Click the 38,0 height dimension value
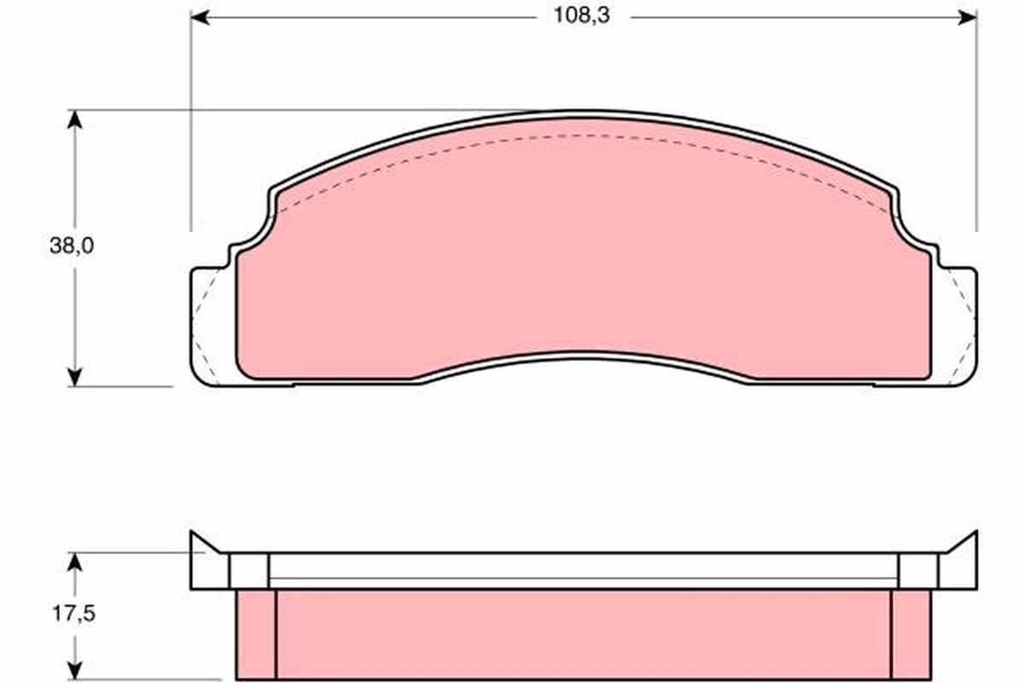(x=72, y=247)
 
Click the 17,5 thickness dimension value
(x=72, y=615)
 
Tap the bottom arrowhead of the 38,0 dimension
(x=75, y=377)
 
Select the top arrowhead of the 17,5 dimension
(x=75, y=562)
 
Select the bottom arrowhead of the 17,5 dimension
(x=75, y=670)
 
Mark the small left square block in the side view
(x=249, y=570)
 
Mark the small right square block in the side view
(x=918, y=570)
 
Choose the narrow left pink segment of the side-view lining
(x=256, y=633)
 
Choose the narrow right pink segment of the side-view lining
(x=911, y=633)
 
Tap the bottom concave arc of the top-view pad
(x=584, y=353)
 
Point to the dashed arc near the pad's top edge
(x=584, y=135)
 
